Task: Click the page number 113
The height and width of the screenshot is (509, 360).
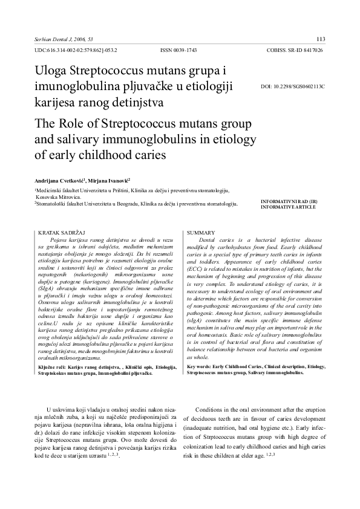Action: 321,39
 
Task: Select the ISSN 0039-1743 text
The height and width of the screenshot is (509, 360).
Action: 179,51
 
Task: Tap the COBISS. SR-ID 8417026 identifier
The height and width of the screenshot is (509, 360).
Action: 294,51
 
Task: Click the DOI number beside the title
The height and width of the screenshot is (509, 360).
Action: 293,86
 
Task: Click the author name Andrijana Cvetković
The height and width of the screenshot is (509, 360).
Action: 61,180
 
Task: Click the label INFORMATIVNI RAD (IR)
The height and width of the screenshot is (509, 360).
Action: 287,201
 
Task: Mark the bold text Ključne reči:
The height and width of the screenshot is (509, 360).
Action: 53,367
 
